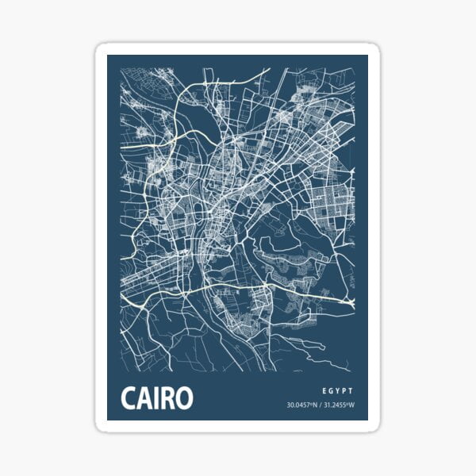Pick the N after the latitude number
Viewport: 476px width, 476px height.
[x=315, y=407]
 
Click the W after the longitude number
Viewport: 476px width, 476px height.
[x=351, y=407]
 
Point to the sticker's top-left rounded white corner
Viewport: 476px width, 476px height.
[x=101, y=49]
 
